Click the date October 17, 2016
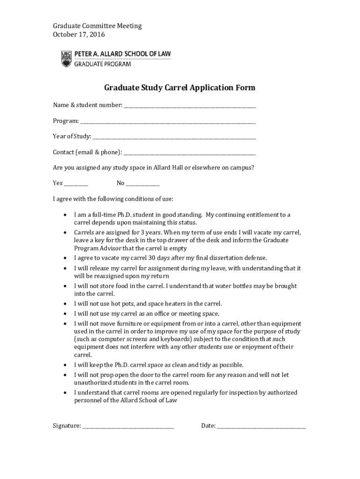(79, 35)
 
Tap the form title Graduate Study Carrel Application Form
(180, 88)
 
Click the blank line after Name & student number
(190, 106)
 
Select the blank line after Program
(168, 122)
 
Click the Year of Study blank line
(174, 138)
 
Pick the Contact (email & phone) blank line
(190, 153)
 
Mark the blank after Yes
(76, 184)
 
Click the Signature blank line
(129, 427)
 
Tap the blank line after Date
(261, 427)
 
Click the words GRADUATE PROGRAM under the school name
(103, 64)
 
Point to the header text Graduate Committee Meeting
(97, 26)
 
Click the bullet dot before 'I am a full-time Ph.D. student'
(64, 215)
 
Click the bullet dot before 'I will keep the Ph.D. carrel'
(64, 365)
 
